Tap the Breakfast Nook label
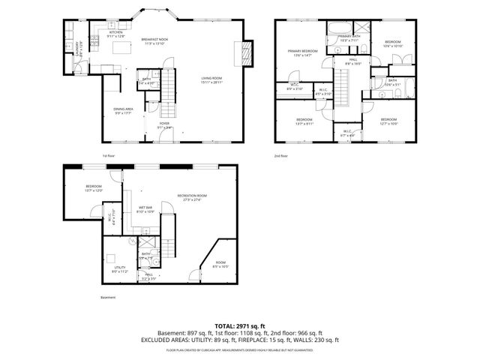tap(154, 41)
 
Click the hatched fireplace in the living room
tap(243, 53)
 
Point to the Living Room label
tap(212, 79)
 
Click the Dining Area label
tap(123, 111)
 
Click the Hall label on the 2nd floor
tap(352, 61)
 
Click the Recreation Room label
tap(192, 198)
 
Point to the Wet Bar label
tap(145, 209)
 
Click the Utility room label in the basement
tap(120, 268)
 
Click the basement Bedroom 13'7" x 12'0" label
tap(94, 188)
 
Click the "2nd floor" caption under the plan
tap(282, 155)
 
